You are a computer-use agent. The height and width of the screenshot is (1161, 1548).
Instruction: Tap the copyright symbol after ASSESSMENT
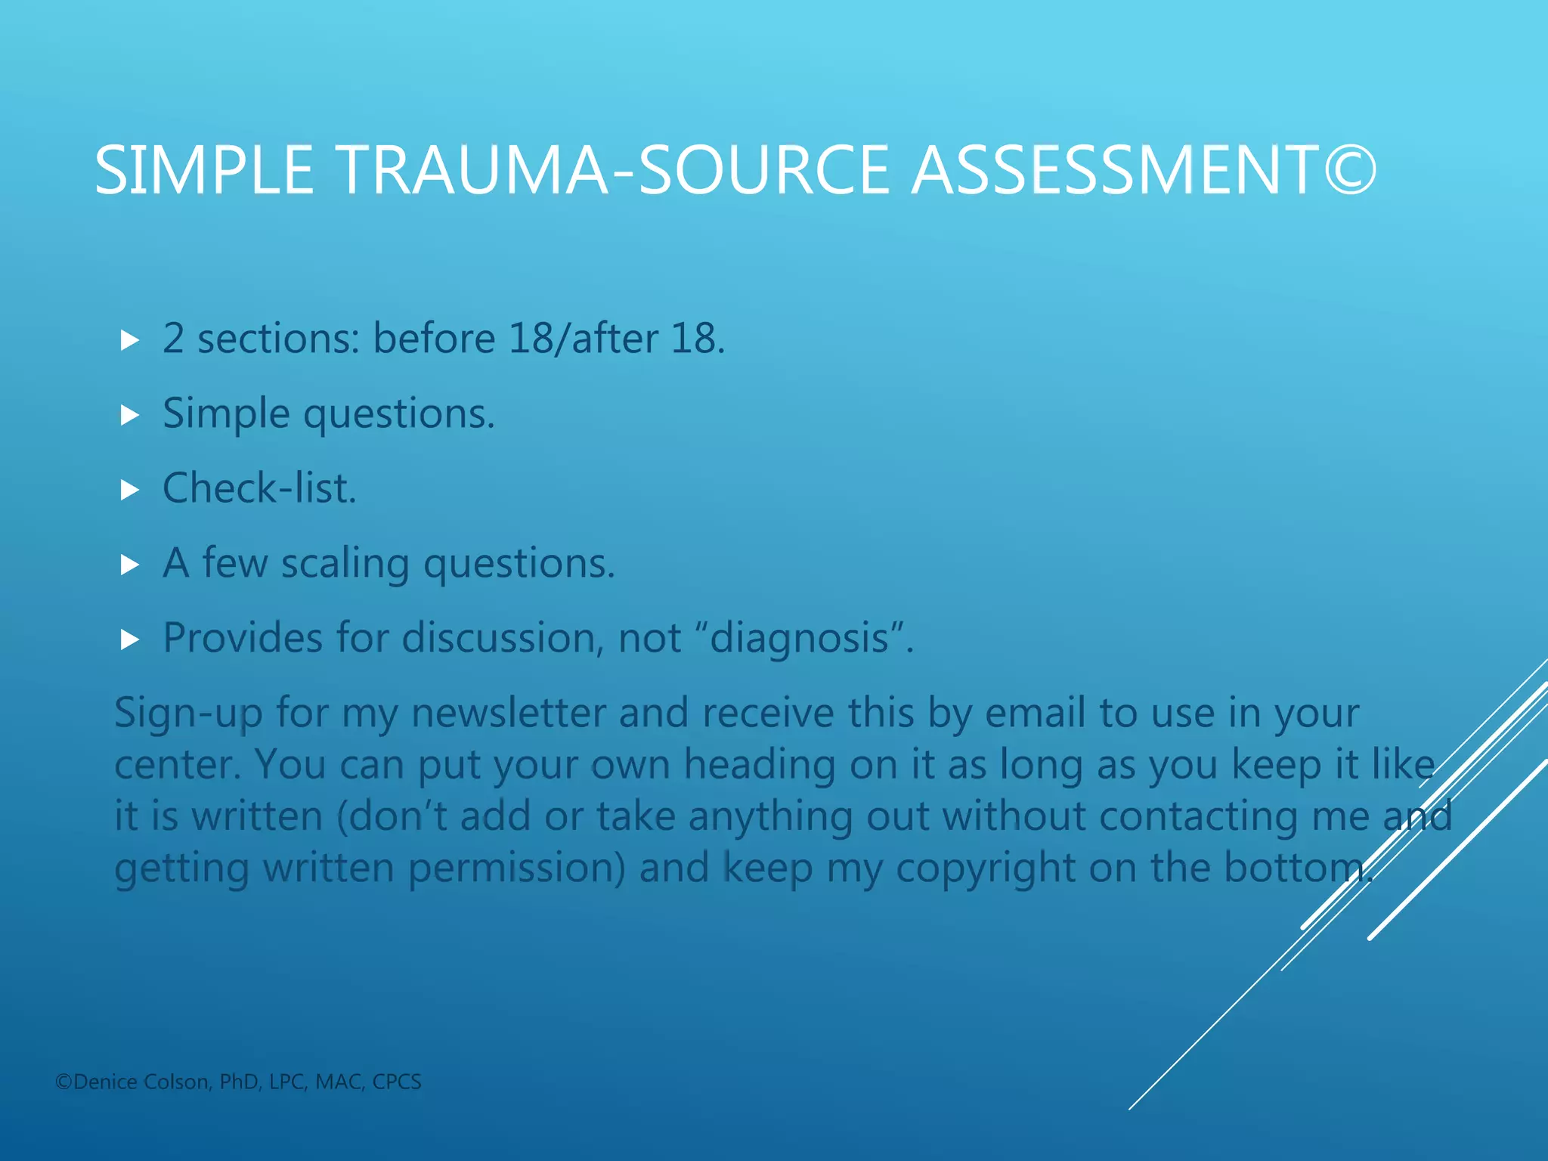pyautogui.click(x=1351, y=170)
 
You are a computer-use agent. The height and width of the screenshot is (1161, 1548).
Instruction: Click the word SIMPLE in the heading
pyautogui.click(x=204, y=170)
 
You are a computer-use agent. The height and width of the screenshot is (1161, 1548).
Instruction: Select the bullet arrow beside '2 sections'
pyautogui.click(x=130, y=340)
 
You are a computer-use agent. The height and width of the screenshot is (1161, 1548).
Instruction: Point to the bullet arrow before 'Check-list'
pyautogui.click(x=130, y=491)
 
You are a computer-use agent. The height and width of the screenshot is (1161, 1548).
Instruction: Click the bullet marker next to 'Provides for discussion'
pyautogui.click(x=130, y=640)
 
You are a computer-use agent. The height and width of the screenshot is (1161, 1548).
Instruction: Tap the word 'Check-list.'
pyautogui.click(x=259, y=488)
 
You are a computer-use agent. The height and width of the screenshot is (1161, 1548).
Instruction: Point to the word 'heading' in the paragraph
pyautogui.click(x=760, y=765)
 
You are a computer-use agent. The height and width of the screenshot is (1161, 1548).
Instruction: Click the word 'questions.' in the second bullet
pyautogui.click(x=399, y=414)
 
